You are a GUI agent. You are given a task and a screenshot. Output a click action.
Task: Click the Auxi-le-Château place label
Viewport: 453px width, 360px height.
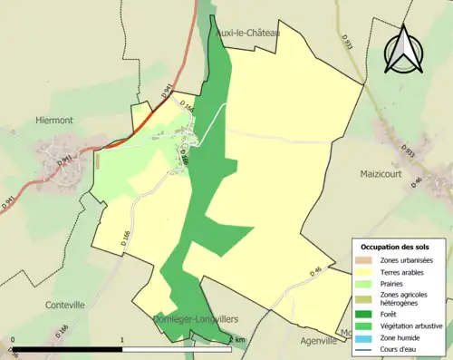tap(247, 33)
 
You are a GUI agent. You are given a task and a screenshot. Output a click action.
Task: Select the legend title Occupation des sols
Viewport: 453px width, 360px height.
tap(395, 247)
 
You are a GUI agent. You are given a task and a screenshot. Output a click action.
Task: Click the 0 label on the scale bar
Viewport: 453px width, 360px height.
tap(13, 341)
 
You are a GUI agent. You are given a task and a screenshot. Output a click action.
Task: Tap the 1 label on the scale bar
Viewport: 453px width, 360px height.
tap(122, 341)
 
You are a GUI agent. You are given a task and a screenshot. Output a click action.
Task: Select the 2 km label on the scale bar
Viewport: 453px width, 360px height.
tap(237, 340)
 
